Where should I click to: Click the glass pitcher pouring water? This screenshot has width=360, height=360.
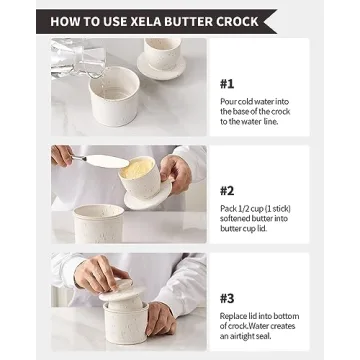tap(76, 55)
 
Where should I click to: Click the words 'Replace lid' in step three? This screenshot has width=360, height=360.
tap(241, 316)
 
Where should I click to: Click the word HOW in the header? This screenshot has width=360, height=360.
tap(66, 21)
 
